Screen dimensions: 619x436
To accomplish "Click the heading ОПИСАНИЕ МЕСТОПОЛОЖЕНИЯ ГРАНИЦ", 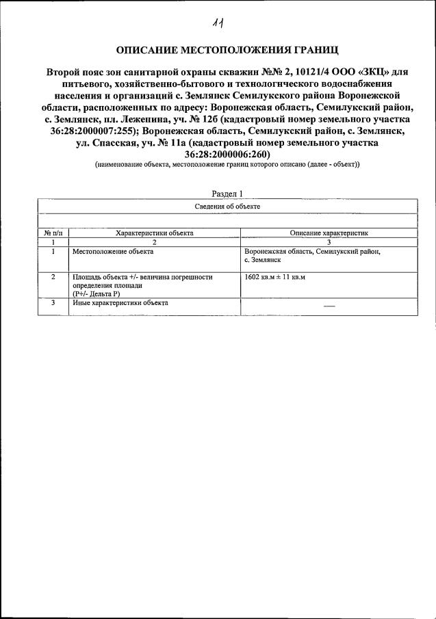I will [x=218, y=49].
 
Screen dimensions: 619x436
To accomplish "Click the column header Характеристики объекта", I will [x=155, y=233].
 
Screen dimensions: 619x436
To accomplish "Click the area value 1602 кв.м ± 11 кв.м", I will [x=274, y=278].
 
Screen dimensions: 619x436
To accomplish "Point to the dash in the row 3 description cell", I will [x=329, y=305].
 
